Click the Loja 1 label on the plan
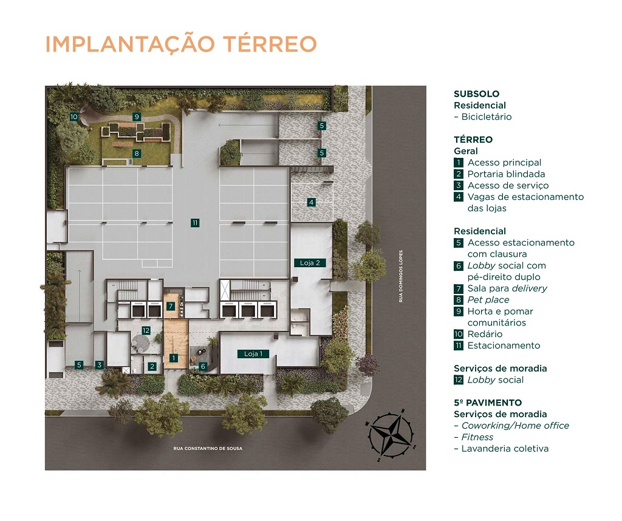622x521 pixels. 253,354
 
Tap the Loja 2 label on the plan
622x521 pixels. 309,263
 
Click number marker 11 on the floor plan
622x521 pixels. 194,223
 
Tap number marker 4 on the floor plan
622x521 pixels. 311,202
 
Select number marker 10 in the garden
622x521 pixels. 73,117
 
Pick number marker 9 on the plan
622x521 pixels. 137,117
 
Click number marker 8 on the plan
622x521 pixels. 137,154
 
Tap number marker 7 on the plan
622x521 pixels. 171,306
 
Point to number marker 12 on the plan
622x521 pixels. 146,330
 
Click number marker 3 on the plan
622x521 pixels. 100,365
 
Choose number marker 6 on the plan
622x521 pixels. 203,366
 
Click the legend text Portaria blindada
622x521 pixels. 506,174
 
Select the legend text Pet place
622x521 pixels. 488,300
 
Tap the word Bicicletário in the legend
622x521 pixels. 486,117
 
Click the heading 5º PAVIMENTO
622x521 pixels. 488,403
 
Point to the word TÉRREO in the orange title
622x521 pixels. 270,44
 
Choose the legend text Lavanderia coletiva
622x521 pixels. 505,449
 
